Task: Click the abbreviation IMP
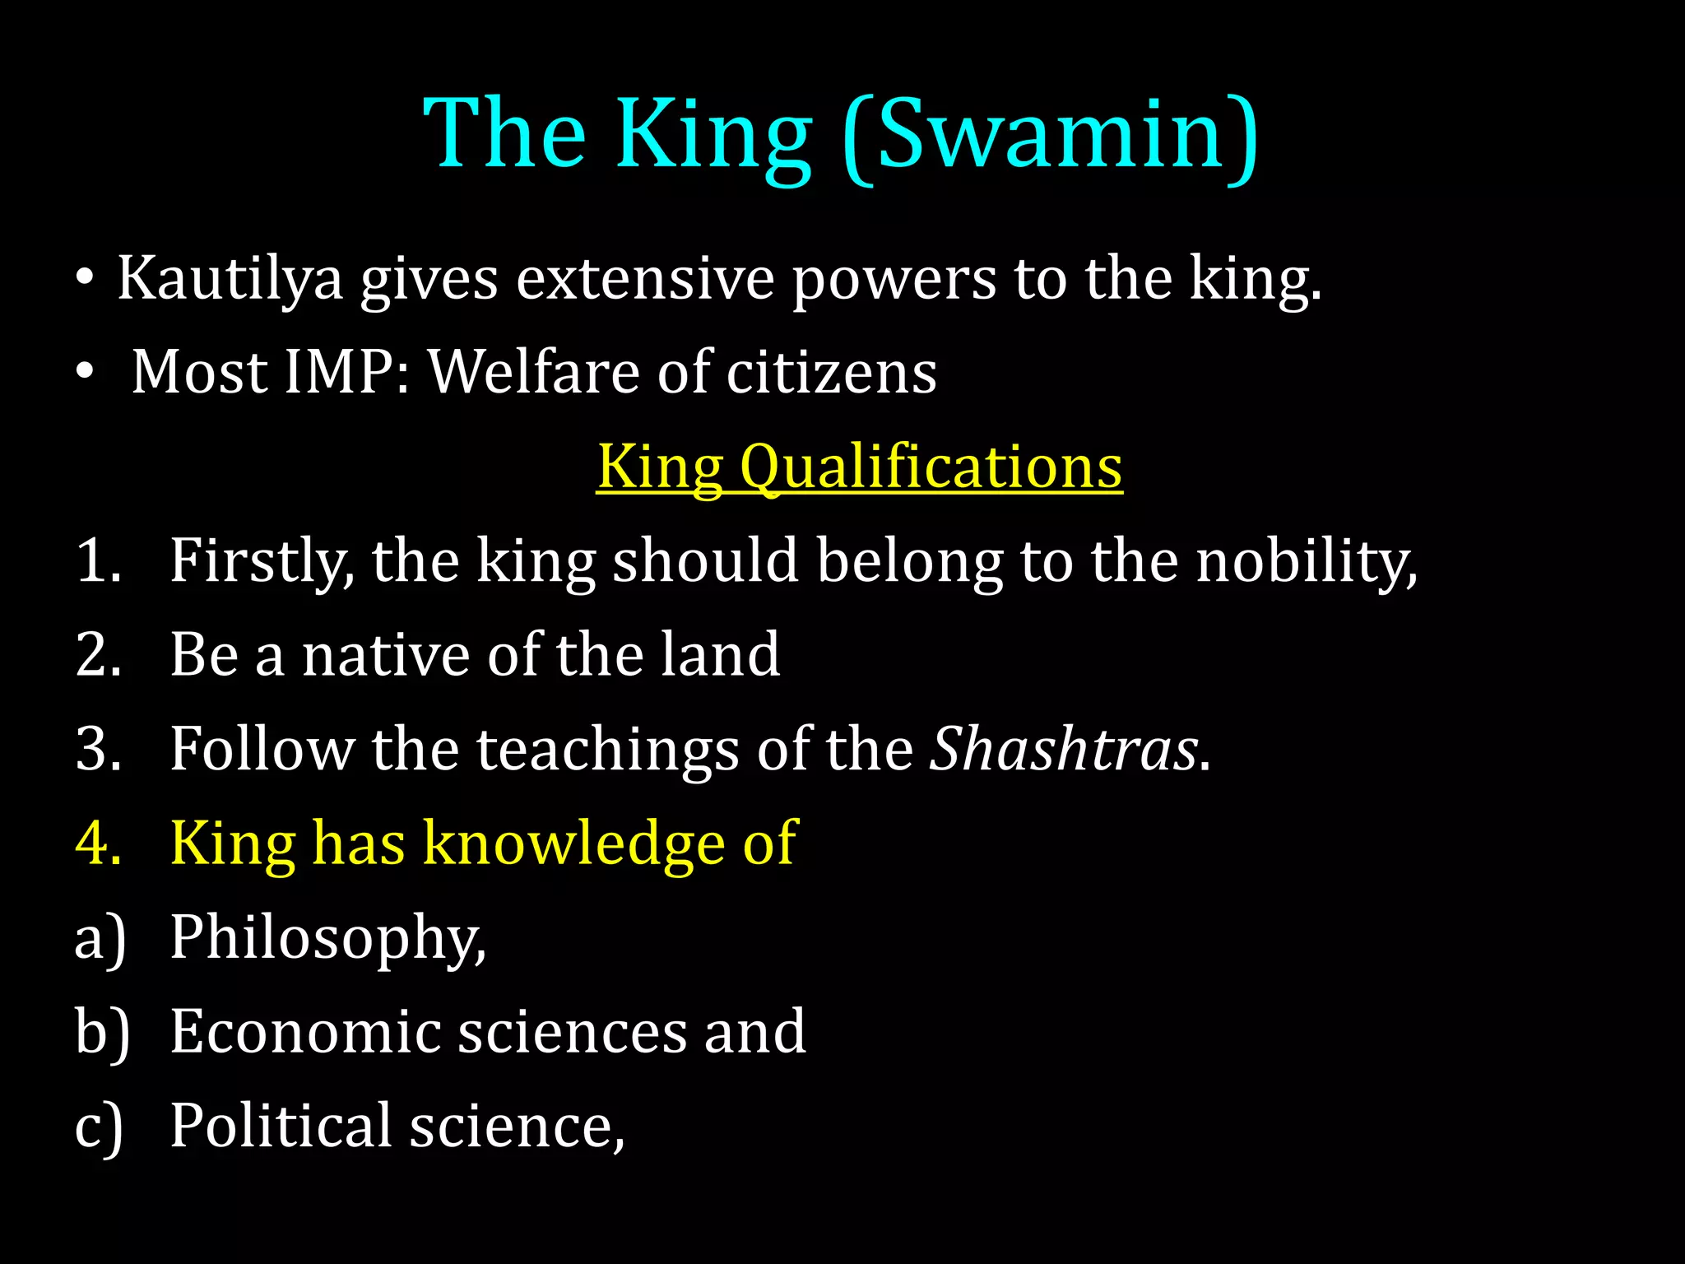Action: coord(338,373)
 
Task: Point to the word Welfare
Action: coord(533,373)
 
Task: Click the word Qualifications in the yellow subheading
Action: coord(931,467)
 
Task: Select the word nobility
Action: coord(1306,561)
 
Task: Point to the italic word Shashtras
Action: coord(1062,750)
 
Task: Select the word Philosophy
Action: coord(327,938)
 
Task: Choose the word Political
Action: coord(281,1126)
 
